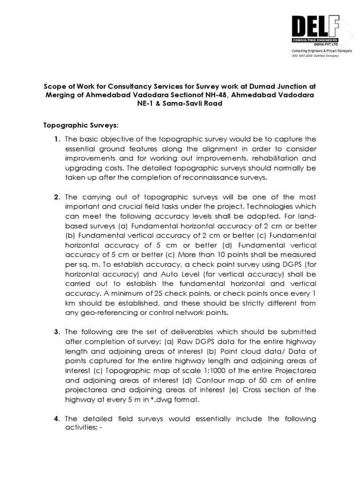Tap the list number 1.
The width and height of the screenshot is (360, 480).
[x=56, y=139]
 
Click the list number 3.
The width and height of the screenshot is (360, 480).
[x=56, y=332]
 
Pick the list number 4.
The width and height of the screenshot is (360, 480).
[x=56, y=419]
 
